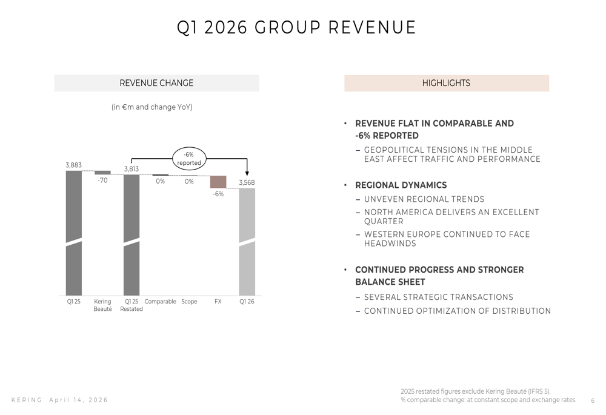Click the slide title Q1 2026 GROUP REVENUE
tap(296, 28)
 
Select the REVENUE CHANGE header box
tap(156, 83)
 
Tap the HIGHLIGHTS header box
tap(446, 83)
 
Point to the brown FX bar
tap(218, 182)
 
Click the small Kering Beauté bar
tap(102, 173)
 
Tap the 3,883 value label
tap(73, 165)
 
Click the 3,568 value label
tap(247, 182)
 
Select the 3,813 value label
tap(132, 169)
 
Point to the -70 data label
tap(102, 181)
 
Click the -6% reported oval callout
tap(189, 159)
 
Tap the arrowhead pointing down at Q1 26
tap(247, 173)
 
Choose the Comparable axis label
tap(160, 302)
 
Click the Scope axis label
tap(189, 302)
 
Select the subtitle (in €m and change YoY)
tap(151, 107)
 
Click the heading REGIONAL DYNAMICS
tap(401, 185)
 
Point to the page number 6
tap(593, 400)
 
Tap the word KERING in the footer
tap(27, 400)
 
